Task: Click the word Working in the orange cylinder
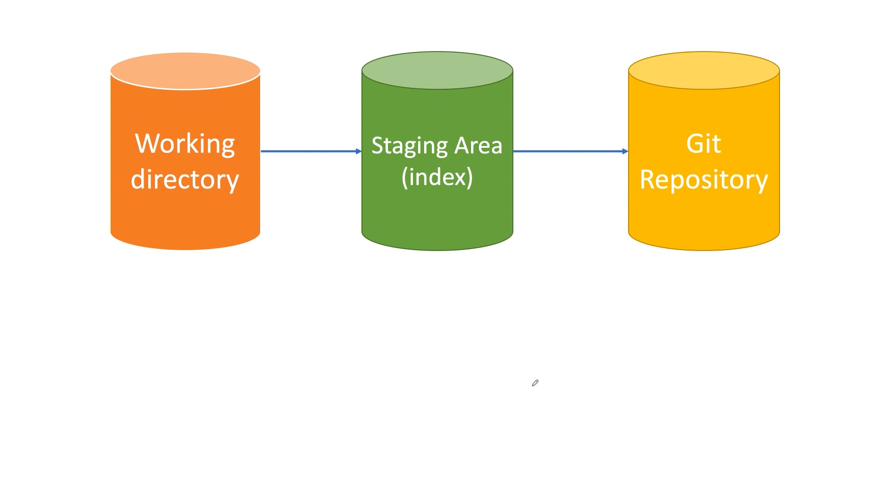(185, 144)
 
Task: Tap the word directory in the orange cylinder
(185, 180)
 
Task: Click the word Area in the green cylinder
(478, 145)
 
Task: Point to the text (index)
(437, 177)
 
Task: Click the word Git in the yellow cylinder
(703, 144)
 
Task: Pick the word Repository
(703, 180)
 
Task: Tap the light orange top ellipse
(185, 71)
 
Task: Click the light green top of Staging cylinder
(437, 70)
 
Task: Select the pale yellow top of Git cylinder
(703, 70)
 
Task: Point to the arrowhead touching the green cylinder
(359, 151)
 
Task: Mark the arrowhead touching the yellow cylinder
(625, 151)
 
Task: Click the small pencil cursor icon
(535, 383)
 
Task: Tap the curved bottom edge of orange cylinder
(185, 249)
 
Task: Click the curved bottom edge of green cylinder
(437, 250)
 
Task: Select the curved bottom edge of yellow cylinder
(703, 250)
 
